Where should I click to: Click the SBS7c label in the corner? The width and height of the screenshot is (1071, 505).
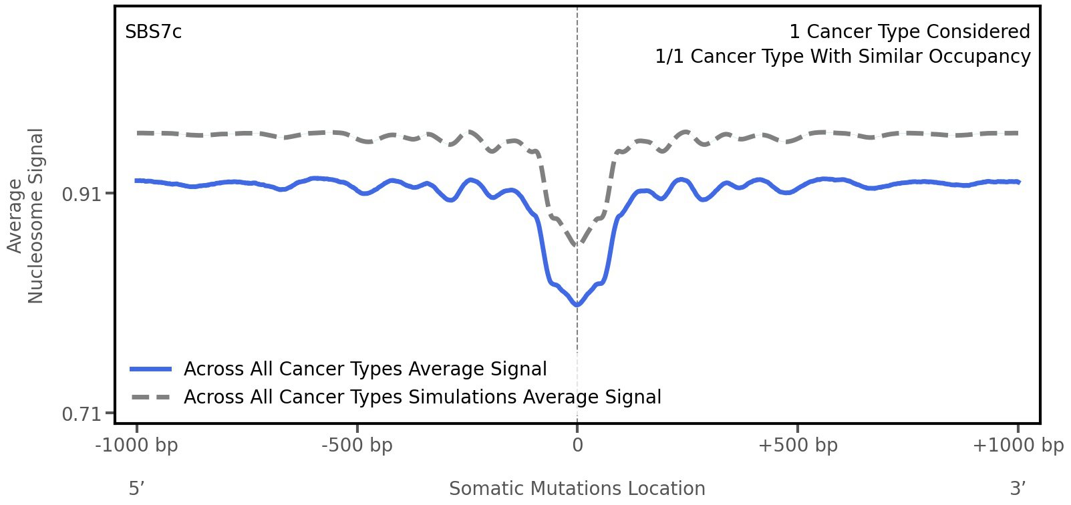[153, 32]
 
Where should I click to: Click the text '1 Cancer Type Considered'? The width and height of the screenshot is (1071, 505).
[909, 32]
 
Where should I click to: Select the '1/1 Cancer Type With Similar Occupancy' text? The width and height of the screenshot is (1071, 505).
[843, 57]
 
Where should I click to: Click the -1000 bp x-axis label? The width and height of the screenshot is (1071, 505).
[137, 446]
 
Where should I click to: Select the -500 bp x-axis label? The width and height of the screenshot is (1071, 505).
[357, 446]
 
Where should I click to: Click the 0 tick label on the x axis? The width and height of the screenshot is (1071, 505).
[577, 446]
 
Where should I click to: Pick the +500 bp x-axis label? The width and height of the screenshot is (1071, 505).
[798, 446]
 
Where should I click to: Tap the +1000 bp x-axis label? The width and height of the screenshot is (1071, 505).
[1018, 446]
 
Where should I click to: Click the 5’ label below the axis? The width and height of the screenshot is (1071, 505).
[136, 489]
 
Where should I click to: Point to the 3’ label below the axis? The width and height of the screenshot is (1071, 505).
[1018, 489]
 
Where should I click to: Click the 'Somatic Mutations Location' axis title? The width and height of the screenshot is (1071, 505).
[577, 489]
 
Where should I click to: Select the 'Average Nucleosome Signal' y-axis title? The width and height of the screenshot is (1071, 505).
[26, 215]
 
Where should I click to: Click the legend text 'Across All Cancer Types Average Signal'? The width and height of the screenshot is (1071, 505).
[365, 369]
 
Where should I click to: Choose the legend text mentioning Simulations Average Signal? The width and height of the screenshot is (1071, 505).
[422, 397]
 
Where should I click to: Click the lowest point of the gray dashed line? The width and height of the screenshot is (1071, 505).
[577, 245]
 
